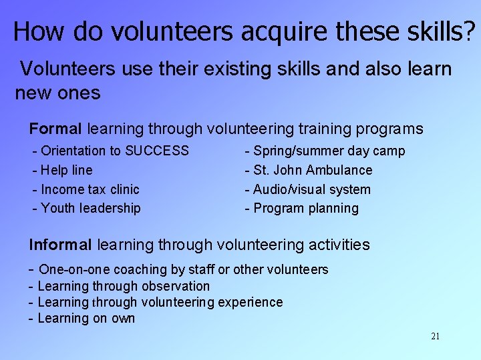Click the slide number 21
click(x=435, y=336)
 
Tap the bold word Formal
click(x=55, y=129)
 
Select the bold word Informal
click(x=61, y=245)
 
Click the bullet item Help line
click(x=66, y=171)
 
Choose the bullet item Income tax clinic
click(x=90, y=189)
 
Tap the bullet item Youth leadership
click(x=90, y=208)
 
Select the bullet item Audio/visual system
click(x=311, y=189)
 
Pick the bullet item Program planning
click(x=305, y=208)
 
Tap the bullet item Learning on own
click(x=86, y=318)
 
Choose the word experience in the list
click(x=249, y=302)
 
